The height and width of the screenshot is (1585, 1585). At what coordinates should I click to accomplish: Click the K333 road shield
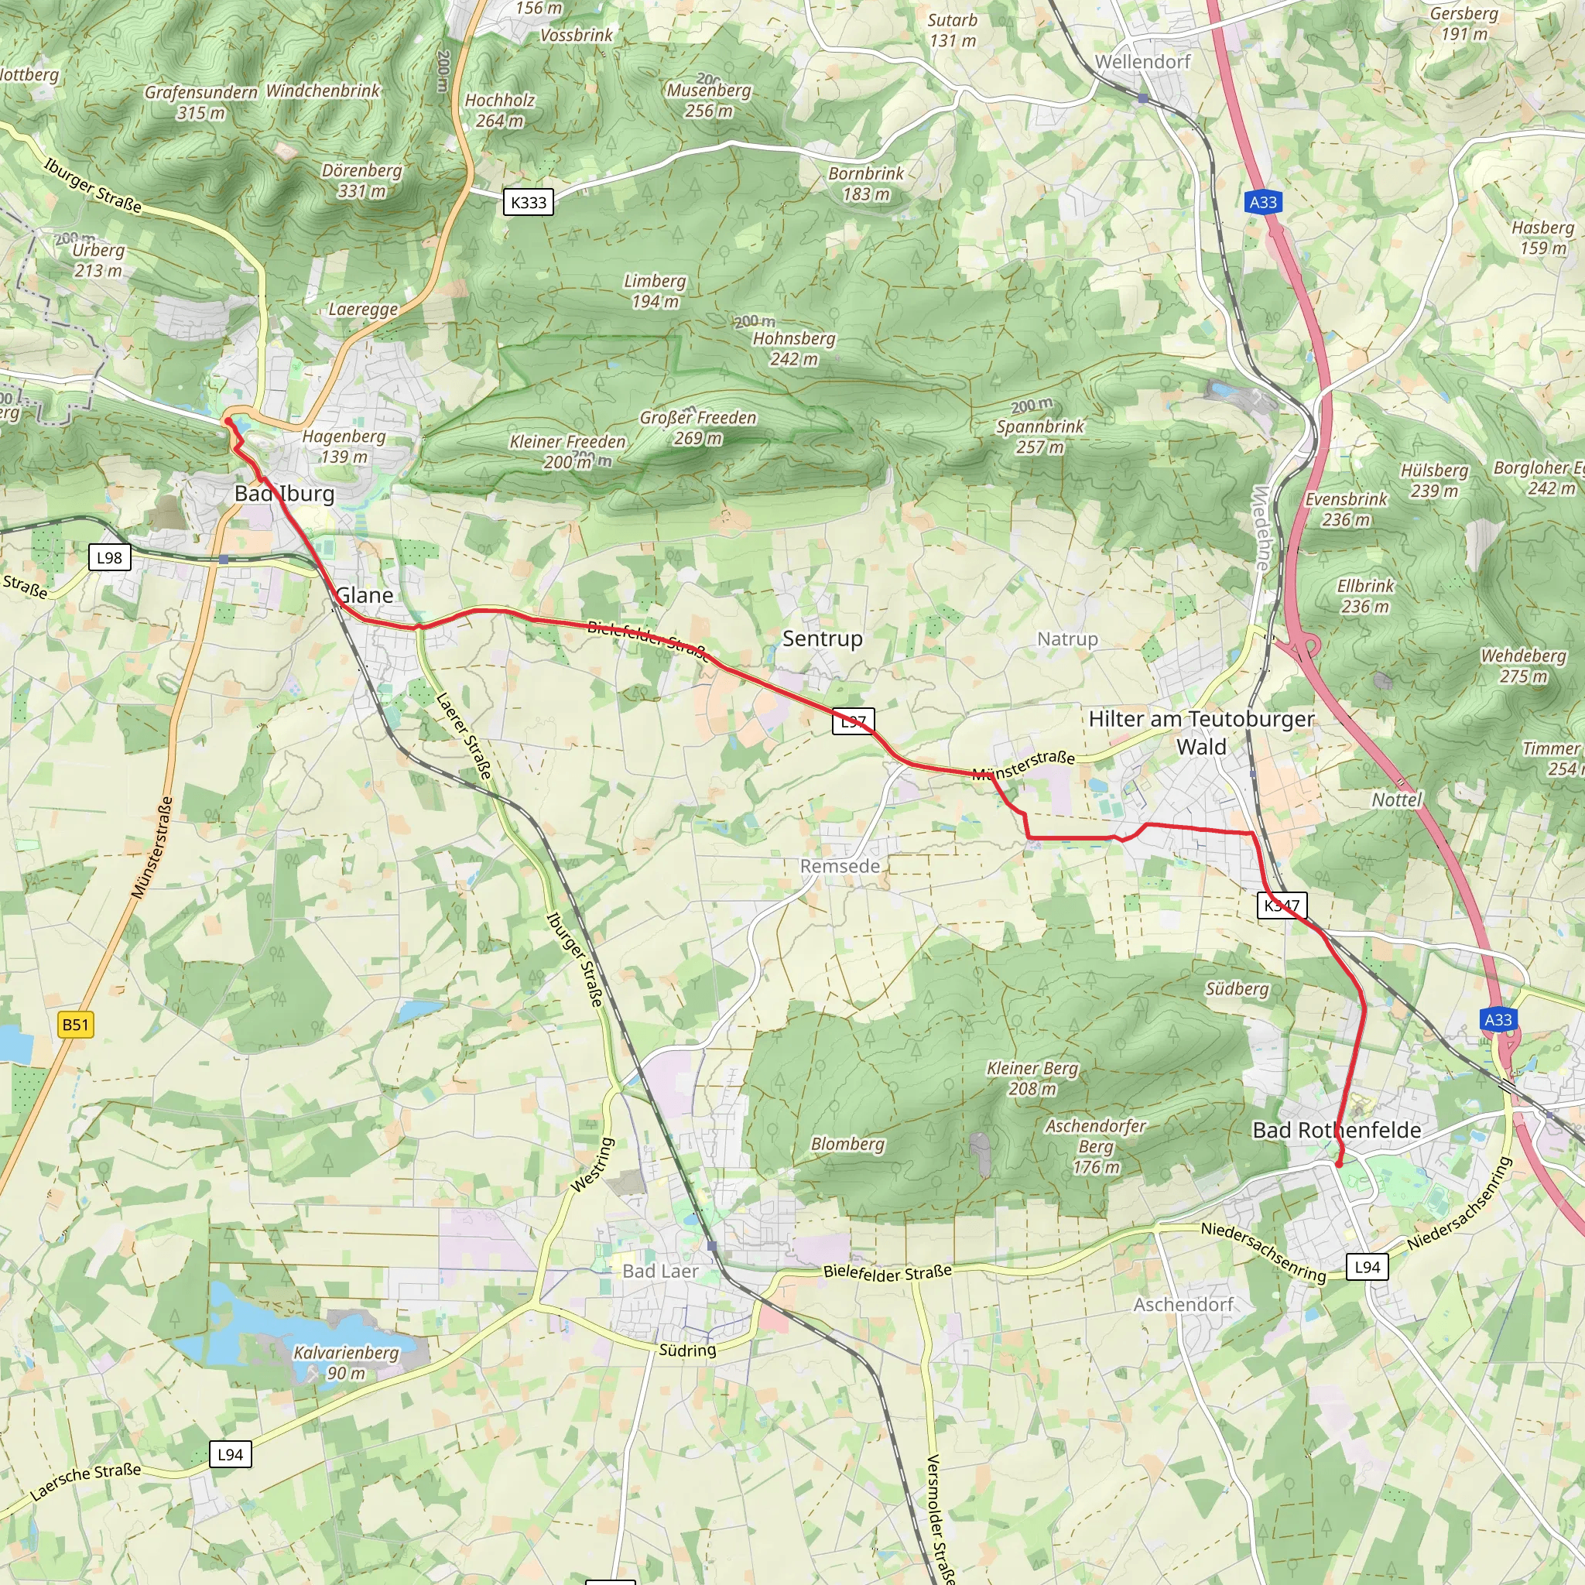point(529,202)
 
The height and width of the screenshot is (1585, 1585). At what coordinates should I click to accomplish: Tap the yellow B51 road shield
point(76,1024)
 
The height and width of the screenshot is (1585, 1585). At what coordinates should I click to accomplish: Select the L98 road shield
point(109,558)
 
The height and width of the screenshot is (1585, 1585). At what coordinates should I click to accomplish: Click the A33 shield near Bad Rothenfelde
point(1498,1020)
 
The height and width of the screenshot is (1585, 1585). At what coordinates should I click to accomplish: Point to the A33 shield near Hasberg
point(1262,202)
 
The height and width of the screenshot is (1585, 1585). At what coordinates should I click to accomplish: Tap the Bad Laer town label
point(660,1271)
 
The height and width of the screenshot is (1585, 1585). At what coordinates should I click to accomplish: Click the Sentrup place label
point(822,638)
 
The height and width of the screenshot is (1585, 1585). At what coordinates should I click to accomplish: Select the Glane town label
point(365,595)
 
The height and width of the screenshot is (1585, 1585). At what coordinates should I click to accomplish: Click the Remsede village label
point(840,866)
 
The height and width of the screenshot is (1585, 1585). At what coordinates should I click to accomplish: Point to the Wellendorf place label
point(1142,62)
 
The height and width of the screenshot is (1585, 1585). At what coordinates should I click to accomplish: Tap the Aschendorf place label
point(1183,1304)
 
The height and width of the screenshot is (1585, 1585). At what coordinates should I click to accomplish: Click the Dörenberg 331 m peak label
point(361,180)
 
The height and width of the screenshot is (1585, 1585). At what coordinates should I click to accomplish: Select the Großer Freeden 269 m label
point(698,427)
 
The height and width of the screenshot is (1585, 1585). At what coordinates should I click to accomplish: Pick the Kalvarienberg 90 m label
point(346,1363)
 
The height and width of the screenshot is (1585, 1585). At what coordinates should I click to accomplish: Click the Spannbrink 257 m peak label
point(1040,436)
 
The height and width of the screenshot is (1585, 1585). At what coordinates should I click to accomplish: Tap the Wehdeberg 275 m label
point(1523,666)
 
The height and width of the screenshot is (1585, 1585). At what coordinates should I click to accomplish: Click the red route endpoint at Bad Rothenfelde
point(1338,1164)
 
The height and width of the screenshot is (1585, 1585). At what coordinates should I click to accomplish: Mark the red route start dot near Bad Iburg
point(228,422)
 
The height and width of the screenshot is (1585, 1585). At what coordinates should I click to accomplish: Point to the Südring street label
point(687,1350)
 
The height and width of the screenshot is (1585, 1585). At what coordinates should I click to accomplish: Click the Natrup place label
point(1067,638)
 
